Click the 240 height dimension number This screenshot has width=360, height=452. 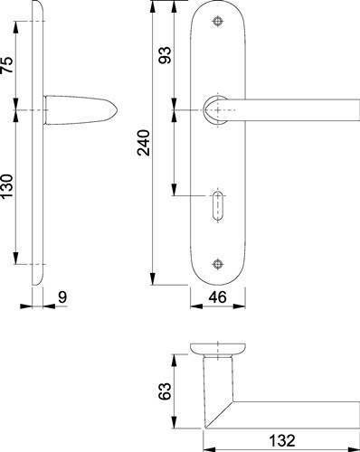(x=144, y=143)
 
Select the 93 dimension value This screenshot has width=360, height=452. (x=165, y=55)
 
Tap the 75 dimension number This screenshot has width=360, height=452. (x=7, y=65)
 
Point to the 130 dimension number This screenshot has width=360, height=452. (x=7, y=186)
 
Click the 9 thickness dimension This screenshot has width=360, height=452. (x=62, y=297)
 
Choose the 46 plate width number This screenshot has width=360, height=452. (x=217, y=297)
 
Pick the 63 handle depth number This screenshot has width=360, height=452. (x=165, y=391)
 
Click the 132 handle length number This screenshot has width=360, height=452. (x=282, y=440)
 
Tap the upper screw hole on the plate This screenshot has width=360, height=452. (x=217, y=22)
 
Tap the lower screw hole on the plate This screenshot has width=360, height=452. (x=217, y=264)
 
